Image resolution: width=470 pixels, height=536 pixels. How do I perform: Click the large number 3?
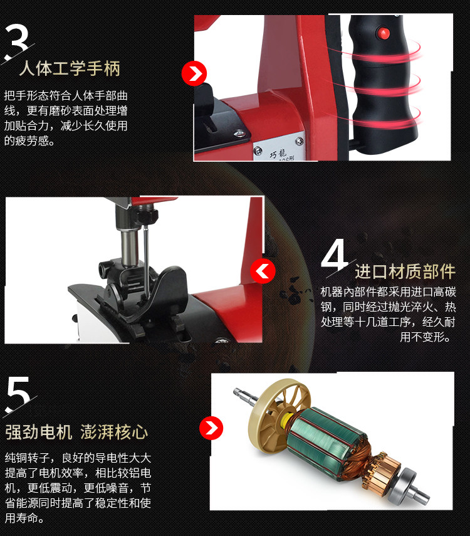click(16, 40)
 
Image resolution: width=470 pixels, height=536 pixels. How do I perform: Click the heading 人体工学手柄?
click(70, 68)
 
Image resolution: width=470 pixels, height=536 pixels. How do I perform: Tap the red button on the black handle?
click(383, 33)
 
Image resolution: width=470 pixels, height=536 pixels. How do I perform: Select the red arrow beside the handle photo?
click(194, 73)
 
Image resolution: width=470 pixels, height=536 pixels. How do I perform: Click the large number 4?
click(335, 255)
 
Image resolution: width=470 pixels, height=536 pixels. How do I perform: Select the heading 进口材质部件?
click(405, 271)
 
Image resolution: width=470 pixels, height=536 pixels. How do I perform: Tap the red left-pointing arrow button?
click(263, 271)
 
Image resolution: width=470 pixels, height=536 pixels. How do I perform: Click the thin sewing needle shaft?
click(146, 260)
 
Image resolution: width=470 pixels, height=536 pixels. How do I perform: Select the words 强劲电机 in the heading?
click(39, 432)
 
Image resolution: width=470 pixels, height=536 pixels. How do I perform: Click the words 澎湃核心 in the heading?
click(114, 432)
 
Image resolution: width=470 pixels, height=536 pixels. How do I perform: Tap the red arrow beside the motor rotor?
click(211, 428)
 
